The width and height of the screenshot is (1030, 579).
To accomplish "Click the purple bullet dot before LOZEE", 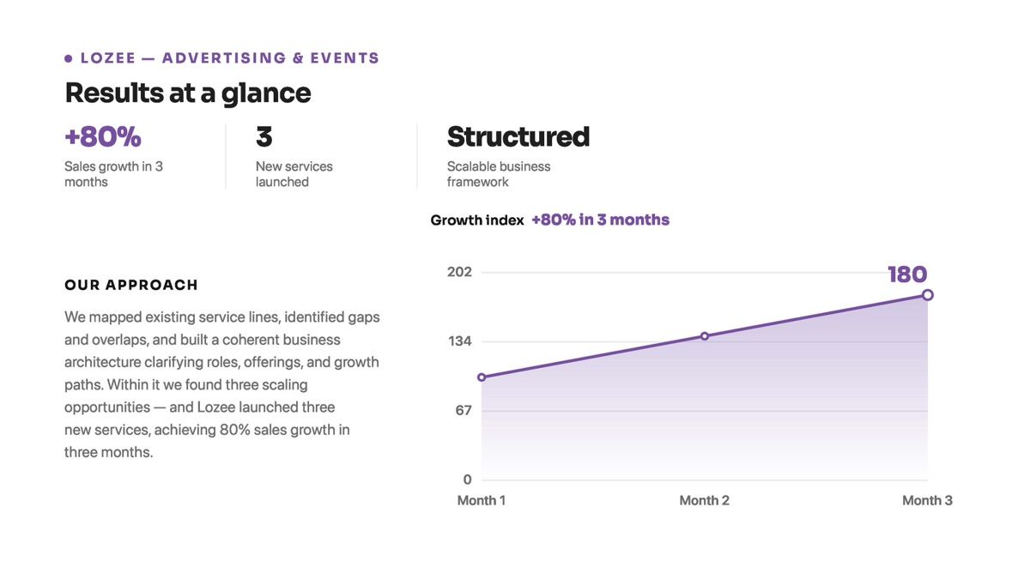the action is click(x=68, y=58).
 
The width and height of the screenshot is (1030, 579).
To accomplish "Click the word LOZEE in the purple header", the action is click(x=108, y=58).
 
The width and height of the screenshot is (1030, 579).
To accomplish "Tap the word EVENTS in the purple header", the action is click(x=345, y=58).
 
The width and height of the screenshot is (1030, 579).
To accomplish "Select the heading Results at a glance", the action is click(x=188, y=93).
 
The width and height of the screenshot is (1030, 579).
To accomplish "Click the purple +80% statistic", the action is click(x=103, y=136).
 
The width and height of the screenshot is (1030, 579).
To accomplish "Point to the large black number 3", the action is click(x=264, y=136).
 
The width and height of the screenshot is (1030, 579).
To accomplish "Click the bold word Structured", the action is click(x=518, y=136).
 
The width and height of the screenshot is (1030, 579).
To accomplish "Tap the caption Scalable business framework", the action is click(x=499, y=174).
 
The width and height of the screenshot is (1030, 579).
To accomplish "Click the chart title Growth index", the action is click(x=477, y=220).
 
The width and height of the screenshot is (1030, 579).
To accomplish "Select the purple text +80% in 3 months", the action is click(x=601, y=220).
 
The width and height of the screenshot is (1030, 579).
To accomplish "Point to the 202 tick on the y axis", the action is click(x=460, y=272).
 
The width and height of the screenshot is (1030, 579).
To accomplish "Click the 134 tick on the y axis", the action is click(x=460, y=341).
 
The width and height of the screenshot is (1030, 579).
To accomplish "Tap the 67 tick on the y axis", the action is click(x=463, y=410).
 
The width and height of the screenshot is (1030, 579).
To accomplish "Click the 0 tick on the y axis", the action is click(x=467, y=479).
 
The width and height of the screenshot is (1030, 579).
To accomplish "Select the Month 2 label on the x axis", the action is click(x=705, y=500).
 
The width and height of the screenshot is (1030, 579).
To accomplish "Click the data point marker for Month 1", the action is click(x=482, y=377).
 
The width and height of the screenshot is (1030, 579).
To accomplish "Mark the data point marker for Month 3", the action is click(x=928, y=295).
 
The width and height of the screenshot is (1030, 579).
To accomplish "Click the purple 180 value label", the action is click(x=908, y=274).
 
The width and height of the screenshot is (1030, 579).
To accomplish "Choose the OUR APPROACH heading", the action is click(x=131, y=285).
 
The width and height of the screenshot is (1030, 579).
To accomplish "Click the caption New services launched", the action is click(x=294, y=174).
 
